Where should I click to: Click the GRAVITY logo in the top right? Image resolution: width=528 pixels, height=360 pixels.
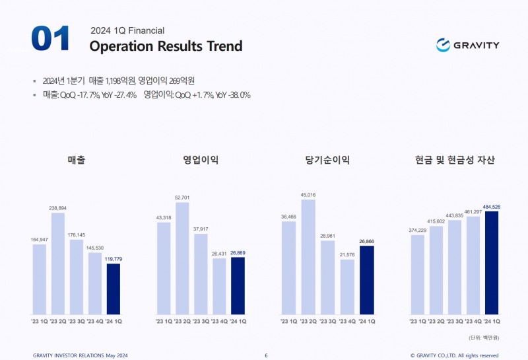[x=467, y=45]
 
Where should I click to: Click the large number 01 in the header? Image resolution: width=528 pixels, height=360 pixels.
[x=50, y=40]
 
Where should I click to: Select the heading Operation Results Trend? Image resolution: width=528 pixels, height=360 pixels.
[x=166, y=46]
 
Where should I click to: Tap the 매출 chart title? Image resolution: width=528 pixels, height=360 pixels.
[x=77, y=160]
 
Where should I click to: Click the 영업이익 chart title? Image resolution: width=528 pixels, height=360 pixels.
[x=201, y=160]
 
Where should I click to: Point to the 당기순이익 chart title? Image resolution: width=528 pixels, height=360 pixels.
[x=327, y=160]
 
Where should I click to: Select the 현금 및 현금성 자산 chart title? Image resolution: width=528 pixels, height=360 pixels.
[x=455, y=160]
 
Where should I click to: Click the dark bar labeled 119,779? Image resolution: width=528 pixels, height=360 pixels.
[x=114, y=289]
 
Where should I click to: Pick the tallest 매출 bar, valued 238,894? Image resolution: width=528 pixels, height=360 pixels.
[x=58, y=263]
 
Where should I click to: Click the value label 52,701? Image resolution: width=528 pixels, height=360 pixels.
[x=182, y=198]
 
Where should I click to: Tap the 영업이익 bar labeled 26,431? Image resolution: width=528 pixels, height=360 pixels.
[x=219, y=285]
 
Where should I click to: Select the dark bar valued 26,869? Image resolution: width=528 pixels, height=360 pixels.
[x=238, y=285]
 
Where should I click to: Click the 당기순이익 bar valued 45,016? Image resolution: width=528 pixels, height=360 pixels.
[x=308, y=256]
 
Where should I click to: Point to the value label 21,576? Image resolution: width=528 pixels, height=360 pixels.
[x=347, y=254]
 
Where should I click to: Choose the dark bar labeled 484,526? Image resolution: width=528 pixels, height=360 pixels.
[x=492, y=262]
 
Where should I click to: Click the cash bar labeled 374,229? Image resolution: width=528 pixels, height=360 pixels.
[x=417, y=274]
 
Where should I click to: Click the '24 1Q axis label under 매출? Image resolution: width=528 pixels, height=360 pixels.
[x=114, y=321]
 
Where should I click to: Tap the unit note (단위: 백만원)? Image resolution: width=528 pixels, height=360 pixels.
[x=484, y=337]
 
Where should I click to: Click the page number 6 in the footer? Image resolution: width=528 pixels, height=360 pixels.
[x=266, y=355]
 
